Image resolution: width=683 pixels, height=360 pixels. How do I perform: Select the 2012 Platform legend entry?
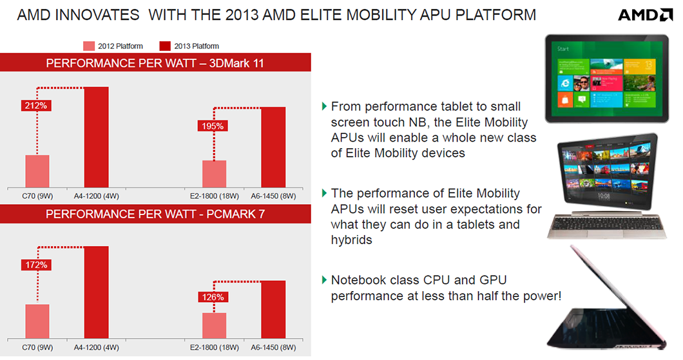coord(113,46)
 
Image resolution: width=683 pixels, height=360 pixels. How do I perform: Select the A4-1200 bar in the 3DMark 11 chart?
coord(96,137)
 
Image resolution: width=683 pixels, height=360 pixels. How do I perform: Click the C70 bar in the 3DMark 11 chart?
coord(37,171)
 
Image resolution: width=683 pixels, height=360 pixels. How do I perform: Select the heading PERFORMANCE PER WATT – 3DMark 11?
coord(155,63)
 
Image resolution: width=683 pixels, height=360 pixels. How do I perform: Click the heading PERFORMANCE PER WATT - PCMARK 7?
coord(155,213)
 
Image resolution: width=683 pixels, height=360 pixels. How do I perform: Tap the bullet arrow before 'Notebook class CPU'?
coord(323,280)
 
